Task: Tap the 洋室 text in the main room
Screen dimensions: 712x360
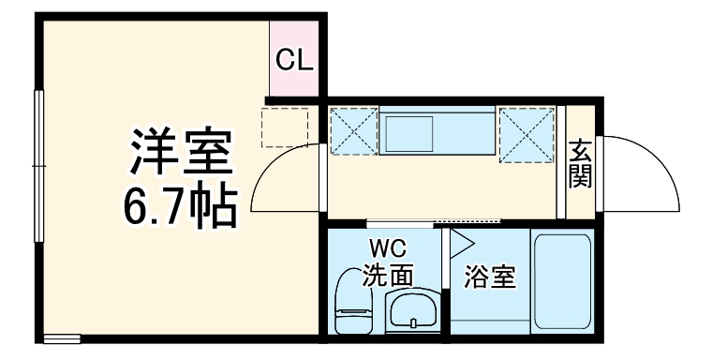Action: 180,153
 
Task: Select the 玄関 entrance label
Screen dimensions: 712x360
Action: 581,163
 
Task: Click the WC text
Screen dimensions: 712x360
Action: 387,249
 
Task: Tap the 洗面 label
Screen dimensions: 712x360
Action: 388,275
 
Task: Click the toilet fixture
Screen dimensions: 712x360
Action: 353,300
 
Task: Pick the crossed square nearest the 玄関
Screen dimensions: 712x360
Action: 527,135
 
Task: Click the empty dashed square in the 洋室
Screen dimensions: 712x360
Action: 285,127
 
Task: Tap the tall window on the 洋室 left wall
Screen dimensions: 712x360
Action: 39,166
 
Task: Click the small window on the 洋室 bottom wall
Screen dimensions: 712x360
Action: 62,337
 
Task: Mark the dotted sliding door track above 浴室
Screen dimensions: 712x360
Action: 467,222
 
